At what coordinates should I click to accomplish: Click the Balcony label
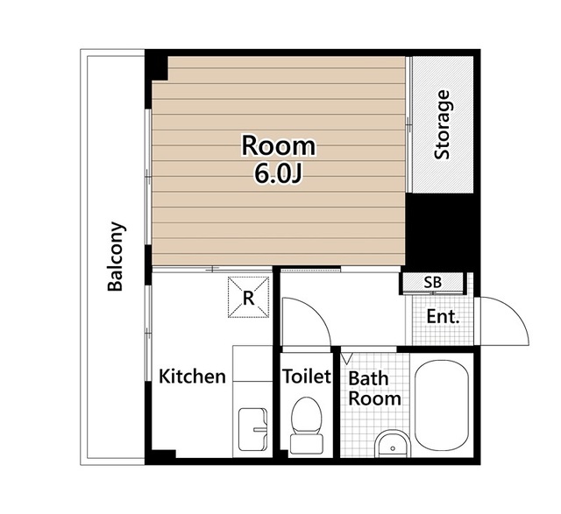coord(117,257)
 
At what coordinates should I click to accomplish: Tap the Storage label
coord(442,124)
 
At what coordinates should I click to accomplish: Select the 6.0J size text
coord(279,175)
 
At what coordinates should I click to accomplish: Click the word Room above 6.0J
coord(279,146)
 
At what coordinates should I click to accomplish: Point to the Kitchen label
coord(192,377)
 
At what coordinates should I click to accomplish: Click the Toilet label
coord(307,376)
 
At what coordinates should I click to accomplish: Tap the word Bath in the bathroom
coord(368,378)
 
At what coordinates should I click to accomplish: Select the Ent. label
coord(443,316)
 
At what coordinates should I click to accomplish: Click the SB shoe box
coord(433,283)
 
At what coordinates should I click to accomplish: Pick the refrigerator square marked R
coord(249,297)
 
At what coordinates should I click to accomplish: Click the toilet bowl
coord(306,416)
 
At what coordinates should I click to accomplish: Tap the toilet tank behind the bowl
coord(306,444)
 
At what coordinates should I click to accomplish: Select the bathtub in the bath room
coord(442,406)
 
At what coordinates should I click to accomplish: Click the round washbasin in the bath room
coord(393,444)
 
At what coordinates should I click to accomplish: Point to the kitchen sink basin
coord(252,429)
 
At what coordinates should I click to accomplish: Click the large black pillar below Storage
coord(441,232)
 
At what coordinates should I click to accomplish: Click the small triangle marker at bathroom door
coord(347,358)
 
